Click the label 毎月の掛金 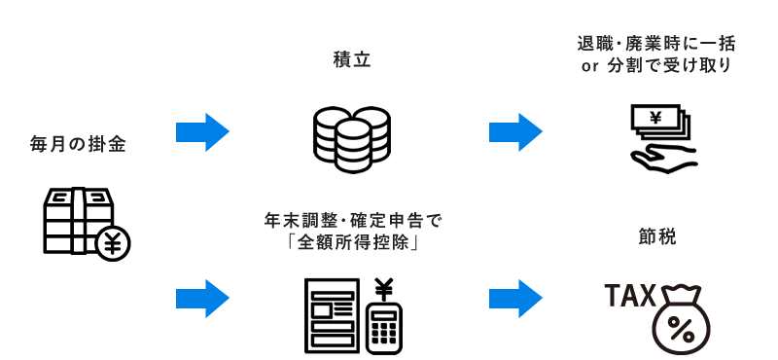click(x=79, y=145)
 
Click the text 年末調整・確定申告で click(x=352, y=221)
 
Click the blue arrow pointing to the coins click(x=202, y=131)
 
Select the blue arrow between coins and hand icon click(x=514, y=131)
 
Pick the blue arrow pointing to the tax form click(x=202, y=293)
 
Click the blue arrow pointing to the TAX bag click(x=514, y=293)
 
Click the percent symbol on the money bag click(x=681, y=328)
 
